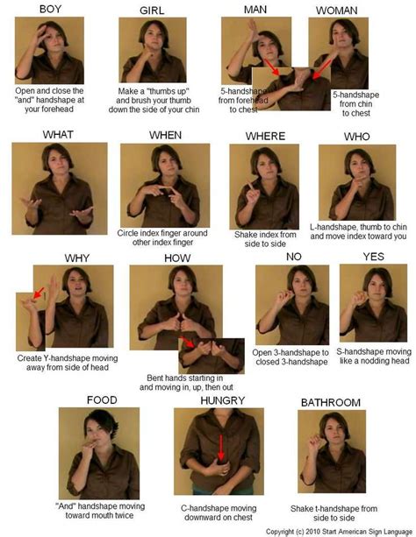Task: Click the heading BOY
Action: tap(49, 9)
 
